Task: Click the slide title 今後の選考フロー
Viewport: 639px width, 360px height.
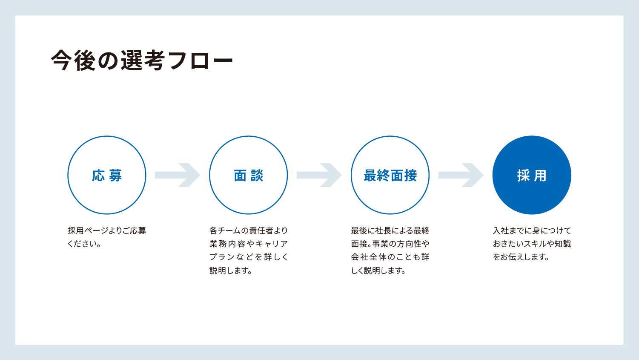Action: (x=142, y=60)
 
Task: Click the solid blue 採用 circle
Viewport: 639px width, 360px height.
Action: (x=532, y=175)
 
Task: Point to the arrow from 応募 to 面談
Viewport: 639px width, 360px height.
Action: (x=178, y=175)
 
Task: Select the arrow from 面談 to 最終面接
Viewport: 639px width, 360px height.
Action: (x=319, y=175)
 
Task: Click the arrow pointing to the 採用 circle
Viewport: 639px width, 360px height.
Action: (x=461, y=175)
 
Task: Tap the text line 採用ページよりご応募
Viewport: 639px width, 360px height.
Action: (x=107, y=230)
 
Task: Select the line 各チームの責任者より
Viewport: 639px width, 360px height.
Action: (x=249, y=230)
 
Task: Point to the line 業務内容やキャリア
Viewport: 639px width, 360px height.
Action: (x=249, y=244)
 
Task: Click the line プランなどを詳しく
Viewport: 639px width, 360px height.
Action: (x=249, y=257)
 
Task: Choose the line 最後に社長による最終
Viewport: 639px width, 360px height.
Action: (x=390, y=230)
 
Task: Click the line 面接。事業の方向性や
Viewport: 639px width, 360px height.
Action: (x=390, y=244)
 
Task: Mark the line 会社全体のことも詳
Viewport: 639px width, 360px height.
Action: (x=390, y=257)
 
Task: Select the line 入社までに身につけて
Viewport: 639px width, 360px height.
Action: (x=532, y=230)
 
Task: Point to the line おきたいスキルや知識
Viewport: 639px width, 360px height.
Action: (x=532, y=244)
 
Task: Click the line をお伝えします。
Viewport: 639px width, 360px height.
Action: (x=521, y=257)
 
